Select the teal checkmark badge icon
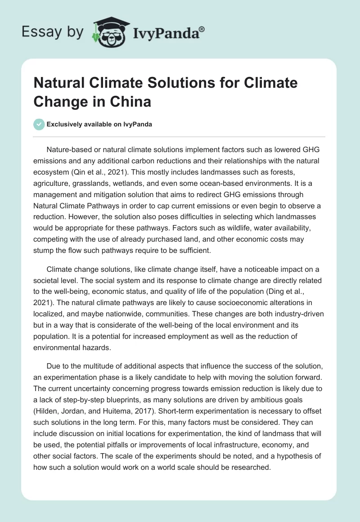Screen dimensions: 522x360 point(39,124)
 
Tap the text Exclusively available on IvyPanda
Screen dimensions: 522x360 point(99,125)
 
